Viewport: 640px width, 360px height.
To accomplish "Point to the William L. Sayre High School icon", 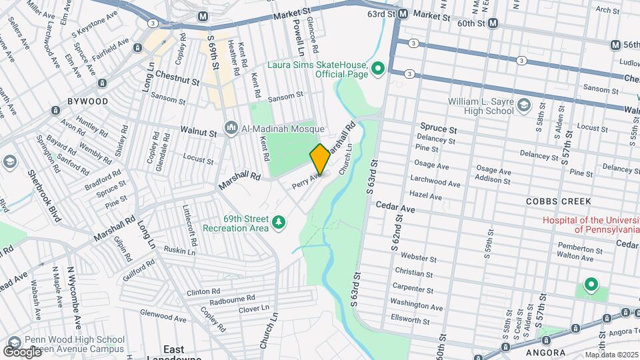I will (523, 105).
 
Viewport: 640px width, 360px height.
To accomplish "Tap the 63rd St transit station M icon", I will (403, 13).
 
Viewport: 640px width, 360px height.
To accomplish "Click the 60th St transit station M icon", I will (493, 23).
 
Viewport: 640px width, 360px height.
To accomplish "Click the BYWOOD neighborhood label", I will (87, 101).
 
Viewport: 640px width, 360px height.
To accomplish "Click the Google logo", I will (22, 351).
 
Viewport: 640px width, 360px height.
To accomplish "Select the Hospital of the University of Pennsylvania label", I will (591, 225).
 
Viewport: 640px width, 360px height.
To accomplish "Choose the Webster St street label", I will (419, 257).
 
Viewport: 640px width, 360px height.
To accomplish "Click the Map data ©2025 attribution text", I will (612, 355).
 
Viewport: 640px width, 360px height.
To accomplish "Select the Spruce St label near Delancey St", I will (438, 127).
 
